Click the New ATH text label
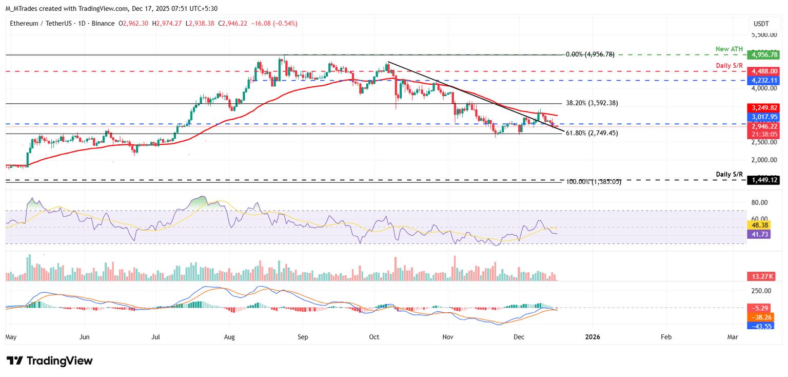point(729,49)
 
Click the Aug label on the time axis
point(229,337)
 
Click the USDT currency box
point(761,24)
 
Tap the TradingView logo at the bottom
point(50,361)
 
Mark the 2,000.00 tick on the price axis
point(764,160)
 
